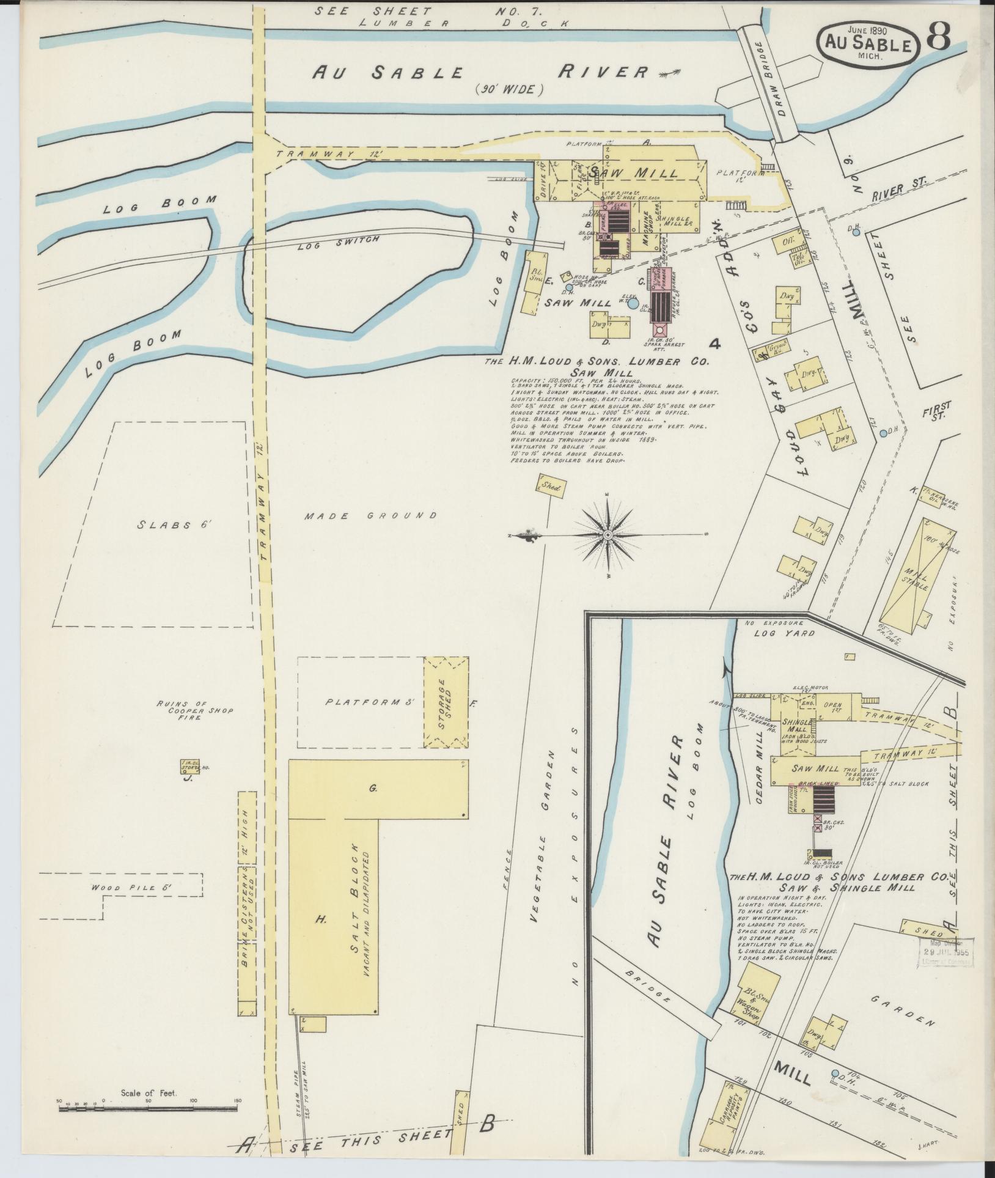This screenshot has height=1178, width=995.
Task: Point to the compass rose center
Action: [608, 535]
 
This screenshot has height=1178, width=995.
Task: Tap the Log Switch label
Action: [339, 243]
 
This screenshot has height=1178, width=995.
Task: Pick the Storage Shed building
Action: [447, 702]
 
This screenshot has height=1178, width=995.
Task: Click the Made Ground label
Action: [371, 515]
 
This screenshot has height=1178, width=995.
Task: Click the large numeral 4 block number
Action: [714, 344]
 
